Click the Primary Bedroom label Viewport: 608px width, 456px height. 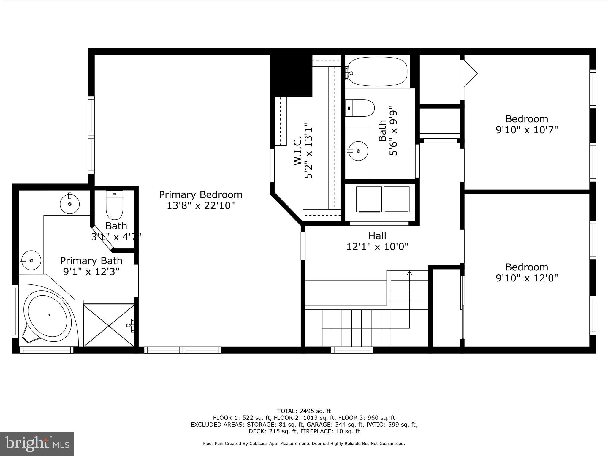[201, 195]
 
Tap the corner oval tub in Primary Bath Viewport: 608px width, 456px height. [48, 316]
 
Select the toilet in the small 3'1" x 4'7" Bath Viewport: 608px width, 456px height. [114, 205]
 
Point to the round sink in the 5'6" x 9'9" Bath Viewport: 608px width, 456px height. [358, 151]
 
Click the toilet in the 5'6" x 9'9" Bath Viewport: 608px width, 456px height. [360, 108]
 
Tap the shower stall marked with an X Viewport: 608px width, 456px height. [109, 325]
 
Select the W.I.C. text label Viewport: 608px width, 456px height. [298, 151]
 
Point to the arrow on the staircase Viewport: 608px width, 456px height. [410, 273]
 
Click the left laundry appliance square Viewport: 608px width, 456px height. [369, 199]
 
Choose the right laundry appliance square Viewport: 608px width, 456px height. [397, 199]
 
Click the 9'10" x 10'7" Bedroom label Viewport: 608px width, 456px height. [527, 119]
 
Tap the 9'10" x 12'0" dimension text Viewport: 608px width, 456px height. [527, 278]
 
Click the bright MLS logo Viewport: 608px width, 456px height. [37, 444]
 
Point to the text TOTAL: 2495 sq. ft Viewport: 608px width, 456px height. [304, 411]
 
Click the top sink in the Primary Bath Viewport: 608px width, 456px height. [70, 204]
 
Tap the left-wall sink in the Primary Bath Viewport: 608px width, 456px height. [31, 260]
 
